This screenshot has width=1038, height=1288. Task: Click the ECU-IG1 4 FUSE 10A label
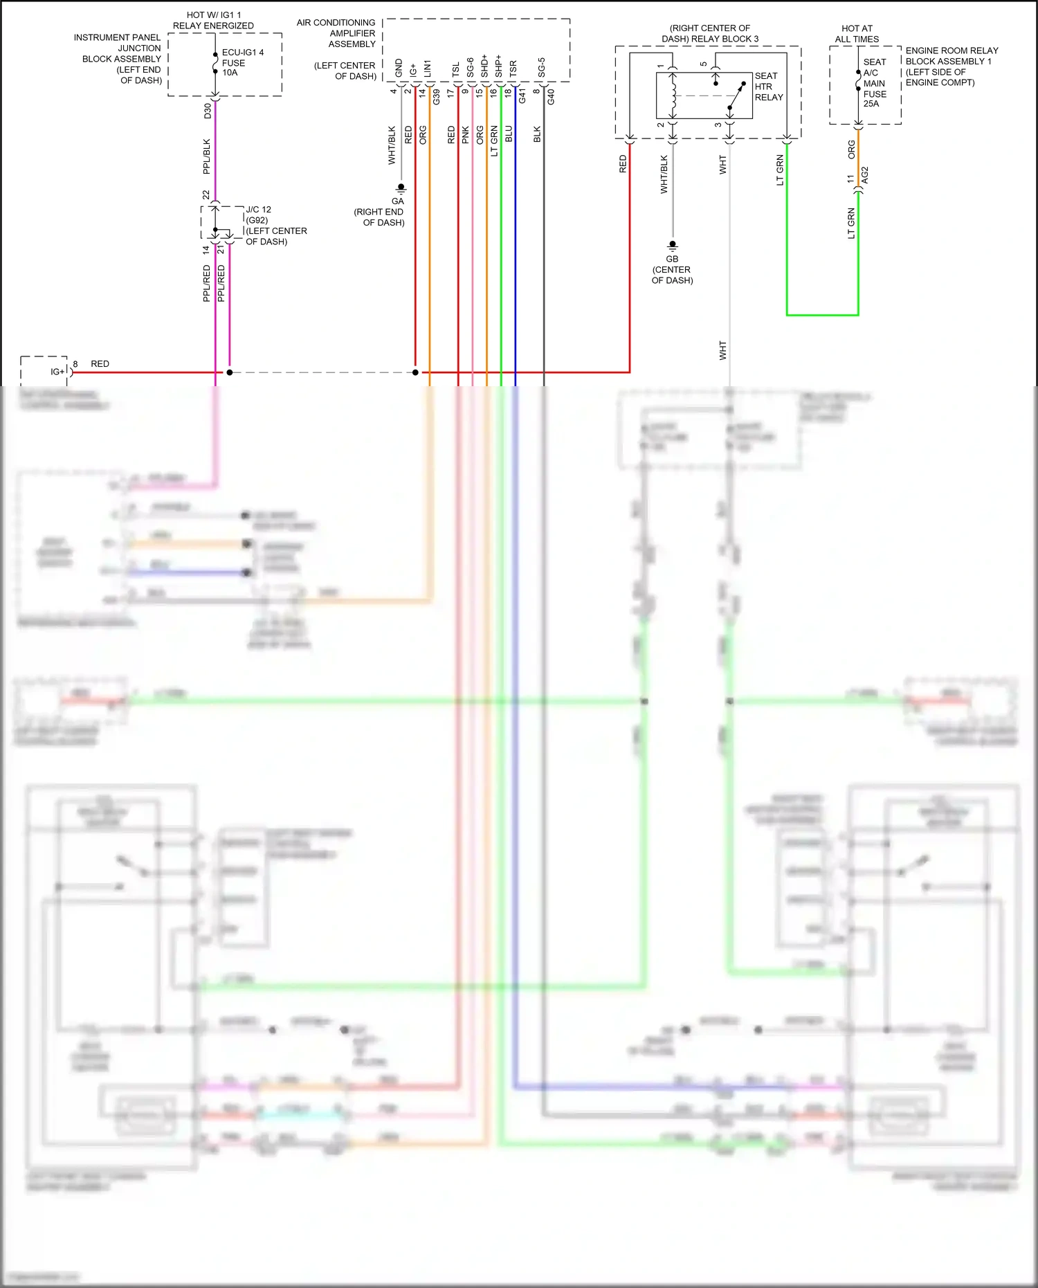coord(242,62)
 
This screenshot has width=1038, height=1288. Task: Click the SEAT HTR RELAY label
coord(768,87)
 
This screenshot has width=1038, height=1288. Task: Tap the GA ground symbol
coord(400,188)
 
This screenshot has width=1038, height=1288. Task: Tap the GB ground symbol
coord(672,246)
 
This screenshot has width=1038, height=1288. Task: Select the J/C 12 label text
coord(258,209)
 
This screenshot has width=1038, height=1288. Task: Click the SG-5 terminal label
coord(542,67)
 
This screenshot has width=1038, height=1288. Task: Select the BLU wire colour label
coord(509,134)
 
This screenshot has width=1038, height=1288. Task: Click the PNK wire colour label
coord(466,134)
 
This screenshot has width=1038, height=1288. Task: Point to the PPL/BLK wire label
coord(206,156)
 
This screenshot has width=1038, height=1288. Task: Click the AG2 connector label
coord(865,175)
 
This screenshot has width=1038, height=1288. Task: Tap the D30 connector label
coord(207,111)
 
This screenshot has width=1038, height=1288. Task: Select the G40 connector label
coord(551,97)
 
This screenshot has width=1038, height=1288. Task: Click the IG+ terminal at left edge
coord(57,372)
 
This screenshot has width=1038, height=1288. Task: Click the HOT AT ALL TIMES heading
coord(857,34)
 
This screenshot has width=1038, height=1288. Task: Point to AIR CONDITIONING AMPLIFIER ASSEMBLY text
coord(336,33)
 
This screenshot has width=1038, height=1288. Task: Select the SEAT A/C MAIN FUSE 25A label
coord(874,82)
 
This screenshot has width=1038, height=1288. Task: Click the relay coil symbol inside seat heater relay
coord(672,96)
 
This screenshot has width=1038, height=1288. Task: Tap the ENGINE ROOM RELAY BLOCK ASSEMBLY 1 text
coord(951,66)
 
